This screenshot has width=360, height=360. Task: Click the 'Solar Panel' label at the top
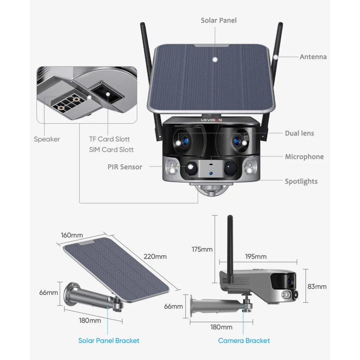pyautogui.click(x=218, y=20)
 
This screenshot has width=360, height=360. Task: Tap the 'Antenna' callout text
pyautogui.click(x=313, y=57)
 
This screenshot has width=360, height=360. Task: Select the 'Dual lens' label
pyautogui.click(x=299, y=133)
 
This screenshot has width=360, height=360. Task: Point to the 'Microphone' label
pyautogui.click(x=304, y=157)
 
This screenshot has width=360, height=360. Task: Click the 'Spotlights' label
pyautogui.click(x=301, y=181)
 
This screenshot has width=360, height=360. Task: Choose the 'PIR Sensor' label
pyautogui.click(x=125, y=167)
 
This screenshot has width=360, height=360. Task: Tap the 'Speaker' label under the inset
pyautogui.click(x=47, y=139)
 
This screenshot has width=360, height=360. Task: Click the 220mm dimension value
pyautogui.click(x=155, y=256)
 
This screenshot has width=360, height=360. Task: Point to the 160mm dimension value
pyautogui.click(x=72, y=235)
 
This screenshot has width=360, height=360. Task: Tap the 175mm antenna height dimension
pyautogui.click(x=202, y=249)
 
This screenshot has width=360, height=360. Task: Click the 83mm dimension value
pyautogui.click(x=318, y=287)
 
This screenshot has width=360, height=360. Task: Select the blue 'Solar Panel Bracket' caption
pyautogui.click(x=109, y=341)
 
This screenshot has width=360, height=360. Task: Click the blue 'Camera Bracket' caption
pyautogui.click(x=244, y=341)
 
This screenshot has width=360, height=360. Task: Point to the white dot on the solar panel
pyautogui.click(x=215, y=59)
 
